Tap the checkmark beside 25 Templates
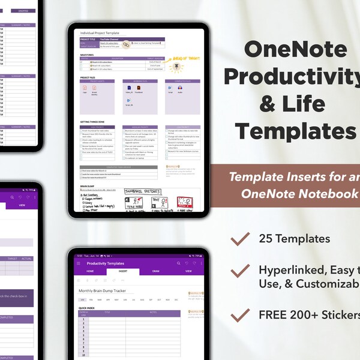(240, 239)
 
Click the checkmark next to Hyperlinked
(240, 271)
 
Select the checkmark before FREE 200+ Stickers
(240, 314)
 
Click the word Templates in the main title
(295, 130)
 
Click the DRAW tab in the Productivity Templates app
(155, 271)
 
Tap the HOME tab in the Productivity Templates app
(89, 271)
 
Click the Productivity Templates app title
(106, 263)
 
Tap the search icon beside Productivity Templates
(179, 263)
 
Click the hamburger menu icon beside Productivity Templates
(78, 263)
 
